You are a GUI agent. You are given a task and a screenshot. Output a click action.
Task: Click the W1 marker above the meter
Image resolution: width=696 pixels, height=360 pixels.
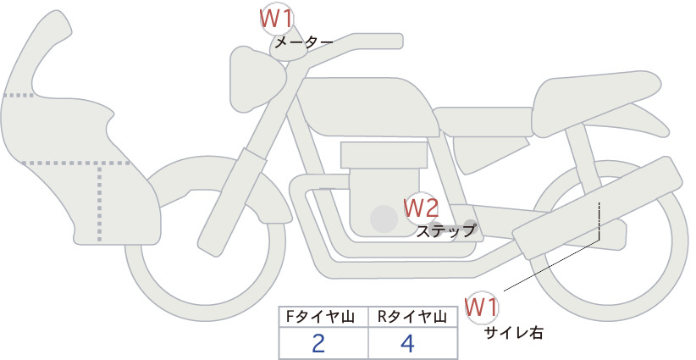[276, 19]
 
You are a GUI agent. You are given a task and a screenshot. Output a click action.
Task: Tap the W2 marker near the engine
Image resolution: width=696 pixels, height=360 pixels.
[421, 208]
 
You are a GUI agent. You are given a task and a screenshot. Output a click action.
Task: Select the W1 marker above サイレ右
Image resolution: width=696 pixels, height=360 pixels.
[481, 307]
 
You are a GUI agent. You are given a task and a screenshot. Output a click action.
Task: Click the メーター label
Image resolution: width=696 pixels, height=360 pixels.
[304, 42]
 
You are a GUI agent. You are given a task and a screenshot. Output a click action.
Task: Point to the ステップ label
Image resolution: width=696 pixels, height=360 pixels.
[445, 231]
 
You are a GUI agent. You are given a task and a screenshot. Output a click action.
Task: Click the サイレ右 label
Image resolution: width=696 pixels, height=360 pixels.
[514, 333]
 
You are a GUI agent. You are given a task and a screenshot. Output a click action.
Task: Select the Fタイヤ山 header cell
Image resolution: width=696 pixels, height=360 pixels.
[323, 317]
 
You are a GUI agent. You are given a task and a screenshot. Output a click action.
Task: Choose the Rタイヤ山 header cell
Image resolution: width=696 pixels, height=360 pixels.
[412, 317]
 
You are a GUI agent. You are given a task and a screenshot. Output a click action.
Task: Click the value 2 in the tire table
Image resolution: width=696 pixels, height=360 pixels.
[318, 343]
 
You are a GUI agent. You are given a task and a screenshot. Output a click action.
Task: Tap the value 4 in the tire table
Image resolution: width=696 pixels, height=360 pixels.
[407, 343]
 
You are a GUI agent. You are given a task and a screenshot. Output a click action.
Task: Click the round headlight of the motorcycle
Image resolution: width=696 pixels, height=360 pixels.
[255, 79]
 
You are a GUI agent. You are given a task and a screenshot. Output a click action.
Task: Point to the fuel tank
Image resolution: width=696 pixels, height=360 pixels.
[366, 107]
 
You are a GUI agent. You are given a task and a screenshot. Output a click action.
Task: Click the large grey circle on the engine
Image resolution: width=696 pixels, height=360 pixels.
[384, 219]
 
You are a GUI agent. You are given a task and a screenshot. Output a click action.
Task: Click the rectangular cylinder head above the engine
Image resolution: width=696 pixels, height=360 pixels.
[384, 155]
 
